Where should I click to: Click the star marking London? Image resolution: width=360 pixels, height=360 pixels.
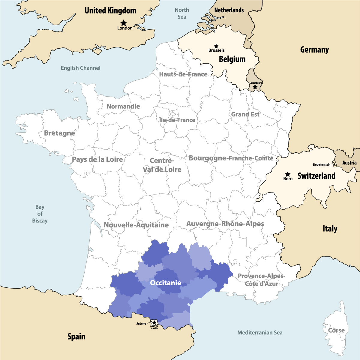click(x=124, y=23)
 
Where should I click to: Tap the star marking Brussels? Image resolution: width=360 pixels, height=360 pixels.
click(x=216, y=46)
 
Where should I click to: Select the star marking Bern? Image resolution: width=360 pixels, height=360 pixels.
click(x=288, y=174)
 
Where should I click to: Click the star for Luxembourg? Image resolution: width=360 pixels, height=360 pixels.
click(x=255, y=87)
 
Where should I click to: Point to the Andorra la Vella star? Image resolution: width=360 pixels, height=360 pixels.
click(x=154, y=323)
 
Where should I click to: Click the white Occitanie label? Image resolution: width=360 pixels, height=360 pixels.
click(x=166, y=283)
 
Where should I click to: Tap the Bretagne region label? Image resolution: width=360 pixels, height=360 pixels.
click(x=59, y=133)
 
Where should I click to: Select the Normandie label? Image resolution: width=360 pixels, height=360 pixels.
click(x=123, y=106)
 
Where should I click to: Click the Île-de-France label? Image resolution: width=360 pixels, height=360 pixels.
click(x=177, y=120)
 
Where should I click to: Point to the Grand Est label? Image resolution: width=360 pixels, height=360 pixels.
click(x=245, y=114)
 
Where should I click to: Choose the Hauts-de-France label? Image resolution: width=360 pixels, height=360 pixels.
click(x=183, y=74)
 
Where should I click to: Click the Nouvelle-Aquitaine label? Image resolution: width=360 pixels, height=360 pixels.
click(x=136, y=225)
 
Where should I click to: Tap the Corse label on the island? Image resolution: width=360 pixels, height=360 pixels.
click(x=336, y=330)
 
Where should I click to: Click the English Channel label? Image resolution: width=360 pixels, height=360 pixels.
click(x=80, y=68)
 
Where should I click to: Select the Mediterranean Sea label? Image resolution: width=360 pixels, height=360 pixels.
click(x=260, y=332)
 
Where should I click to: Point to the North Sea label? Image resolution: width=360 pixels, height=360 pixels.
click(x=182, y=13)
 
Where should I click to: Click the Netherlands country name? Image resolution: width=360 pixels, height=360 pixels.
click(x=229, y=10)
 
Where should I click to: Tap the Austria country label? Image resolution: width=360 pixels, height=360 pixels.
click(x=349, y=163)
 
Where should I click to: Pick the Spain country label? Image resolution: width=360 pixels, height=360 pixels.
click(x=76, y=337)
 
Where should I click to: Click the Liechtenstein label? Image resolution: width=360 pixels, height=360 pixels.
click(x=321, y=164)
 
